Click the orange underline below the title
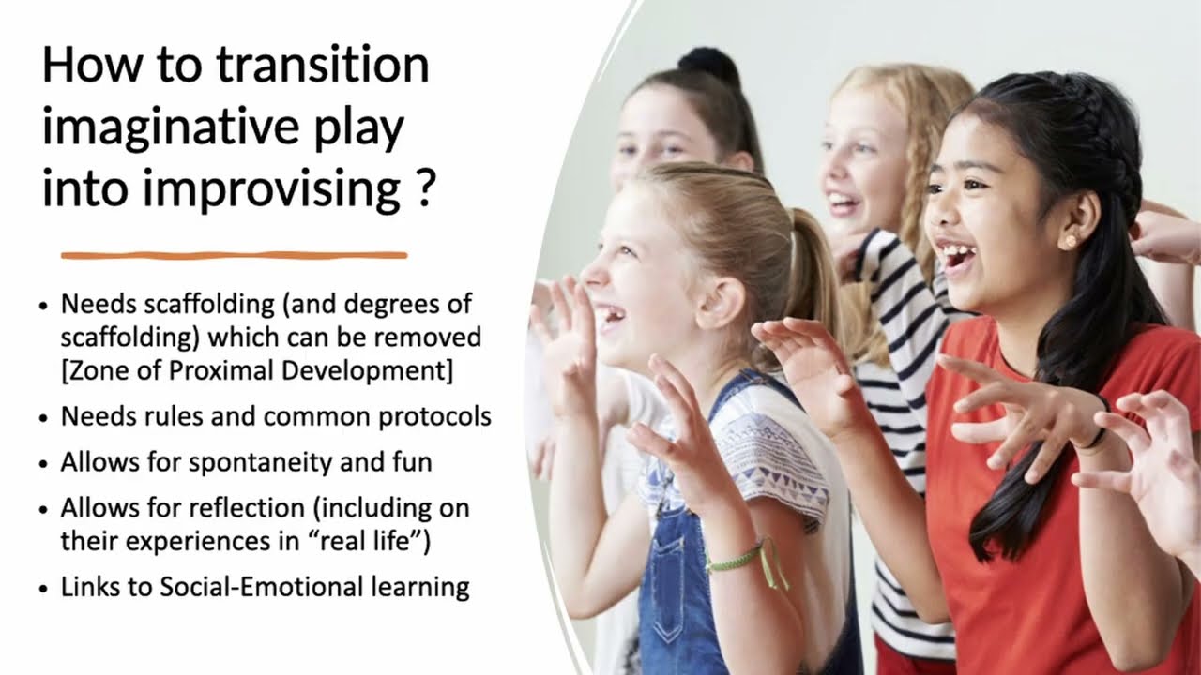tap(234, 255)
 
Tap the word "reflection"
tap(245, 508)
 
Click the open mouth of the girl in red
tap(957, 255)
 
